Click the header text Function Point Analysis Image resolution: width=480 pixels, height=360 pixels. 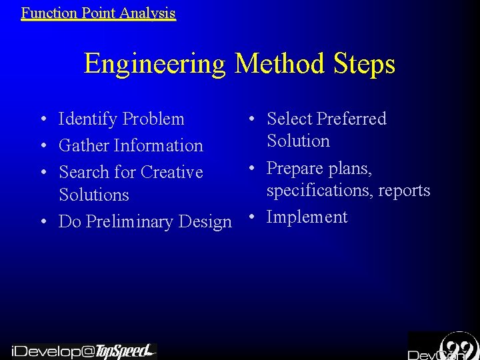click(98, 13)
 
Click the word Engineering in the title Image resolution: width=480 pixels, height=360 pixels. click(155, 64)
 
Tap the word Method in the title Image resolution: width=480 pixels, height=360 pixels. click(277, 64)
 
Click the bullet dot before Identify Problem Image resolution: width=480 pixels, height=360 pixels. click(42, 120)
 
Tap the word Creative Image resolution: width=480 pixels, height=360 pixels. click(171, 172)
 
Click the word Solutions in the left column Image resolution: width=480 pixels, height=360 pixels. click(94, 195)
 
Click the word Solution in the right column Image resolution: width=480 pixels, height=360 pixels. click(298, 141)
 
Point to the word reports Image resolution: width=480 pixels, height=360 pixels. click(404, 191)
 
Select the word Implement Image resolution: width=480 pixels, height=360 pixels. click(307, 217)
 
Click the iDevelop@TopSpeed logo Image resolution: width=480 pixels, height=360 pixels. click(83, 351)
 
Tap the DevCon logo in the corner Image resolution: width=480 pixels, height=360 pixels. click(443, 346)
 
